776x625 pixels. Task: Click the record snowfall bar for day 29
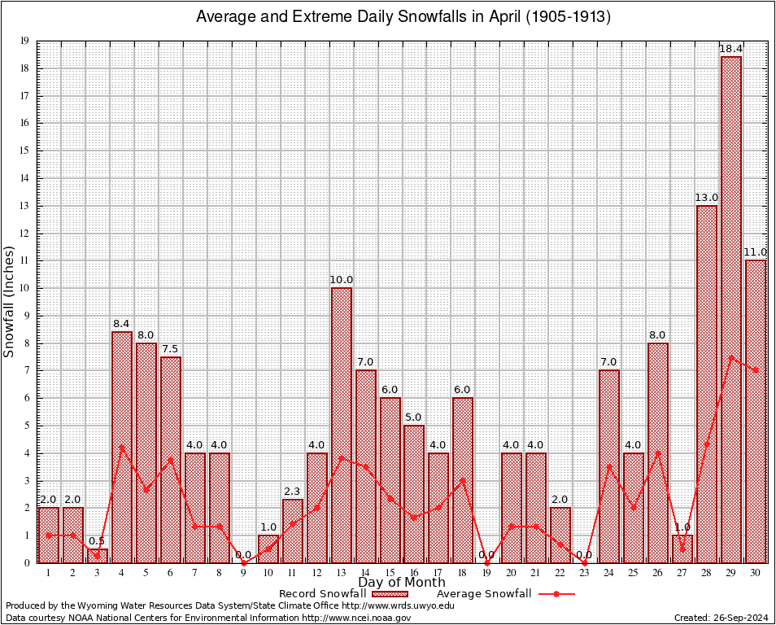[x=731, y=309]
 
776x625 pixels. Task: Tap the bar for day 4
[x=122, y=447]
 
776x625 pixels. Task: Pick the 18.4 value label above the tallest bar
[x=731, y=50]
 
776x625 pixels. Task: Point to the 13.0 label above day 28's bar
[x=707, y=198]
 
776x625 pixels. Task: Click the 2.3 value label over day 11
[x=293, y=492]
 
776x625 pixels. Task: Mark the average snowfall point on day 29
[x=731, y=356]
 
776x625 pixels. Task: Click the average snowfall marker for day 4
[x=122, y=447]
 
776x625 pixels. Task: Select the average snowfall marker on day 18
[x=463, y=480]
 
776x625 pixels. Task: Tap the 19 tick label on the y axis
[x=25, y=41]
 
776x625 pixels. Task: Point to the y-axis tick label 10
[x=25, y=288]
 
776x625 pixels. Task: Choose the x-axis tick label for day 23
[x=584, y=573]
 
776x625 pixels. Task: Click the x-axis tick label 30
[x=756, y=573]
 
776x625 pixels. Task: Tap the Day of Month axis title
[x=402, y=583]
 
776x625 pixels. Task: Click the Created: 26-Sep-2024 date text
[x=722, y=618]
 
